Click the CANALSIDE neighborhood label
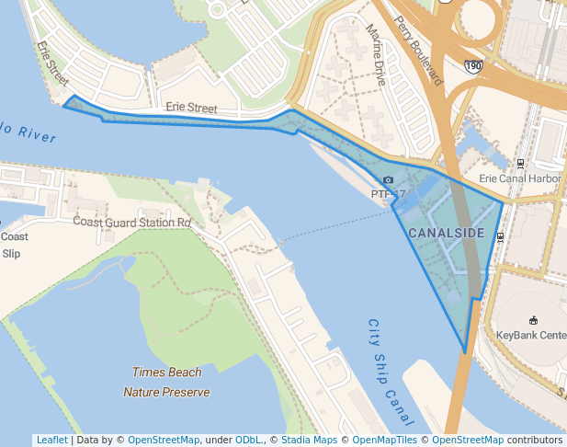446,233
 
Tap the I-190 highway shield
473,66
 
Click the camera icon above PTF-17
389,180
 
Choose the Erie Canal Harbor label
520,178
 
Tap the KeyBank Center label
531,335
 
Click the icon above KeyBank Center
533,319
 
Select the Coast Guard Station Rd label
131,222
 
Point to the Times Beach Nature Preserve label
166,382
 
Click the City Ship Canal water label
387,372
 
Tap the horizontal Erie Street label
191,109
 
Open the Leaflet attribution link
51,440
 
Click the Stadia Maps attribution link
309,440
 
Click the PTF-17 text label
388,194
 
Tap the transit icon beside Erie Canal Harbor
521,163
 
